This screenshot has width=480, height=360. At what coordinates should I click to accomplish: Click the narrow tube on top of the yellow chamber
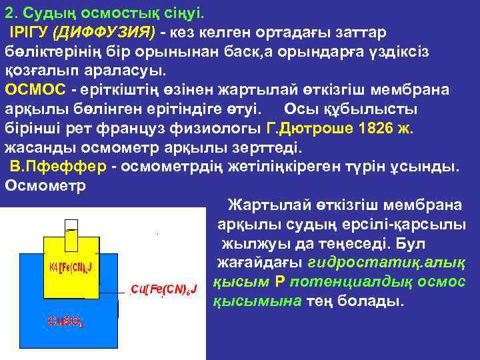73,235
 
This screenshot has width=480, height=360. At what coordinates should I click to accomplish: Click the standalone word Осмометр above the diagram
45,185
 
